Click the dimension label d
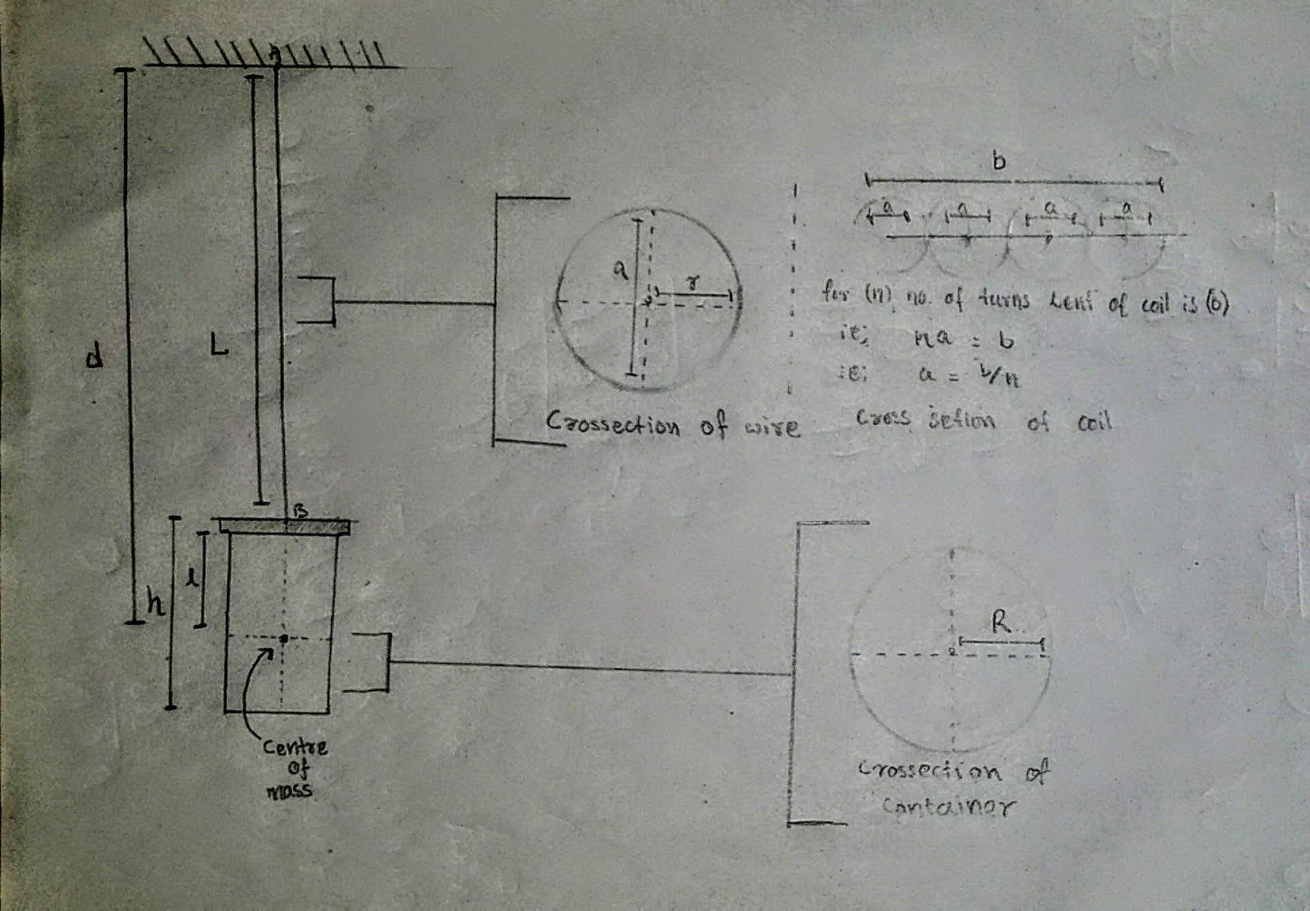95,355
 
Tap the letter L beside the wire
218,346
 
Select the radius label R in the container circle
1001,622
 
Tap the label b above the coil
999,162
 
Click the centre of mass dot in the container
284,638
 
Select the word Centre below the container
295,747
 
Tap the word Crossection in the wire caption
613,424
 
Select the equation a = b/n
969,375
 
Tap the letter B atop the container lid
300,511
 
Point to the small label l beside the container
193,578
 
